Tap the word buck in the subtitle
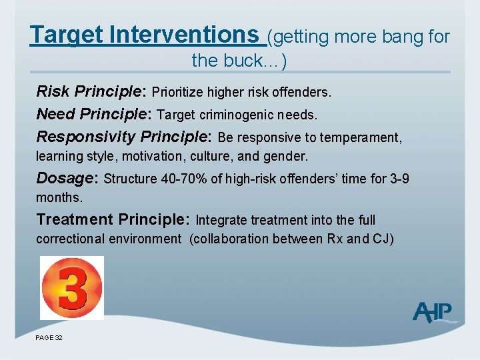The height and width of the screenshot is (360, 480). click(x=257, y=61)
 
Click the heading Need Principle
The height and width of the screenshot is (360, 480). click(x=95, y=114)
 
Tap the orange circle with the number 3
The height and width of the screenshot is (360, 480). click(x=71, y=287)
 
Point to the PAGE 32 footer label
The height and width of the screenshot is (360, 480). click(x=49, y=338)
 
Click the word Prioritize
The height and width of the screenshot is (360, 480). click(x=181, y=91)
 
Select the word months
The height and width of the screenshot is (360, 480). click(x=58, y=197)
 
